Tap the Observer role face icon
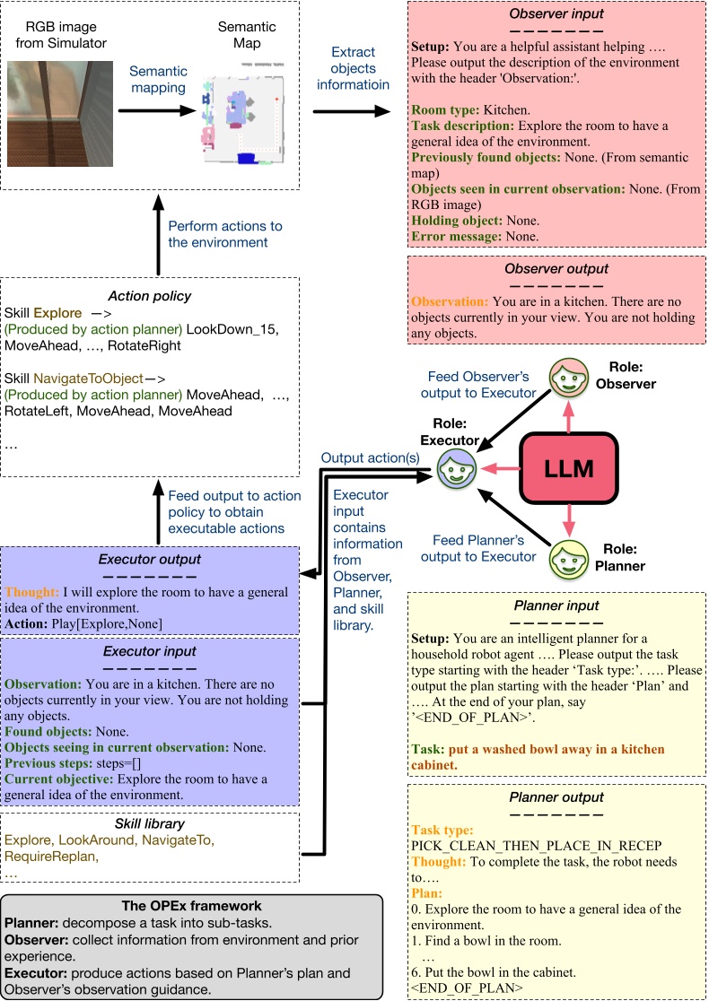(568, 375)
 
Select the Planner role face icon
(568, 559)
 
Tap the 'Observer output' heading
(556, 268)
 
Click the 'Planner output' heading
(556, 797)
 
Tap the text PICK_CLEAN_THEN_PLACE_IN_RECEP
(535, 846)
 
